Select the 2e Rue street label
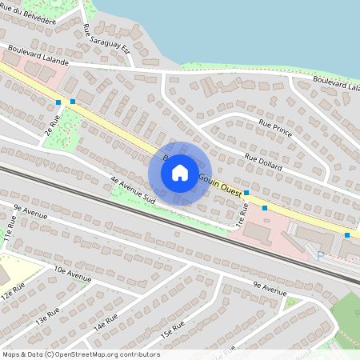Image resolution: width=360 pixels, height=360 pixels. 54,127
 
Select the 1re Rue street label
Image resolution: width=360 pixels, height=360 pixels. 244,214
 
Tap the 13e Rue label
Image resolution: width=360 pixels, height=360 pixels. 48,315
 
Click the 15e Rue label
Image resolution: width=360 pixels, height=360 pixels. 172,328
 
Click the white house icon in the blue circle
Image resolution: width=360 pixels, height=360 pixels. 180,173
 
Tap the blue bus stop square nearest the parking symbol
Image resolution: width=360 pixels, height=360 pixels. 347,235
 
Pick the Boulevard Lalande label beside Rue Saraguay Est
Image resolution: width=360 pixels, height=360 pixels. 38,54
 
